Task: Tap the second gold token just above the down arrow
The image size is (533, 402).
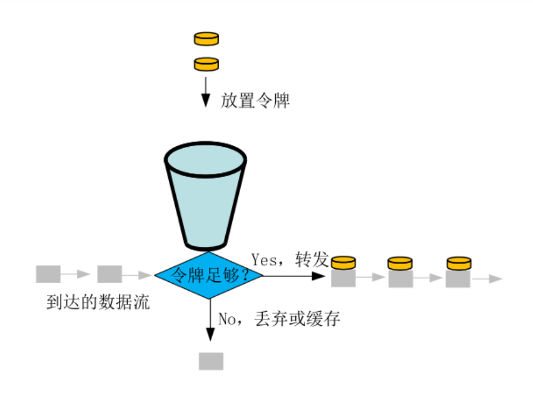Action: pyautogui.click(x=206, y=64)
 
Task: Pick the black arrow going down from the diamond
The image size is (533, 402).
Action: pyautogui.click(x=210, y=321)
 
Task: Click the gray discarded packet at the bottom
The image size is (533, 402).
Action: pyautogui.click(x=211, y=361)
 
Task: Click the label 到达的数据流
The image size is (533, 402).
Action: pyautogui.click(x=98, y=303)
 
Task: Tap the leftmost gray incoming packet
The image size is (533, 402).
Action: pyautogui.click(x=48, y=274)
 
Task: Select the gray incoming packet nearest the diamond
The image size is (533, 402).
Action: pyautogui.click(x=109, y=274)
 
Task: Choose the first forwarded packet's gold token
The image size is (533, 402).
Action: pyautogui.click(x=343, y=262)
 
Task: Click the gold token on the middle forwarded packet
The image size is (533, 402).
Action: pyautogui.click(x=400, y=262)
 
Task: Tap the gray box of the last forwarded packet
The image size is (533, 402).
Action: pyautogui.click(x=458, y=278)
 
